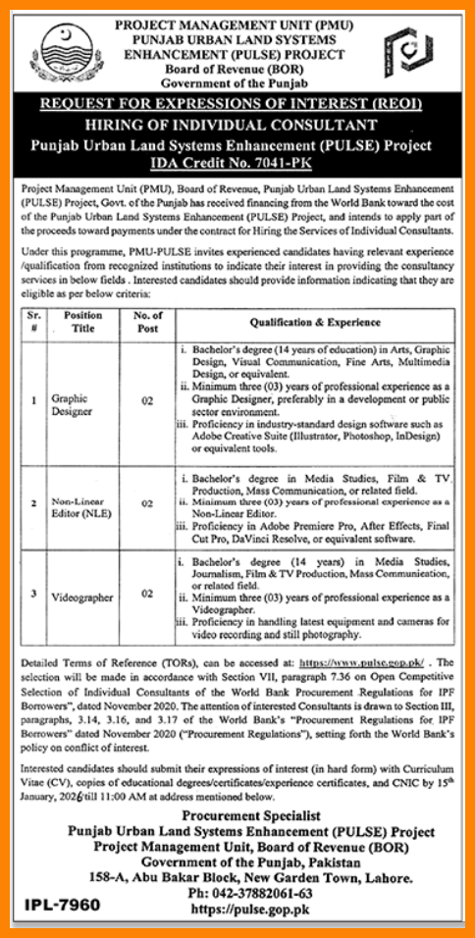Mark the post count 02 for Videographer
click(x=147, y=596)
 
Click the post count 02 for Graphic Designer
click(x=147, y=400)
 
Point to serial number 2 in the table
click(x=33, y=503)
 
